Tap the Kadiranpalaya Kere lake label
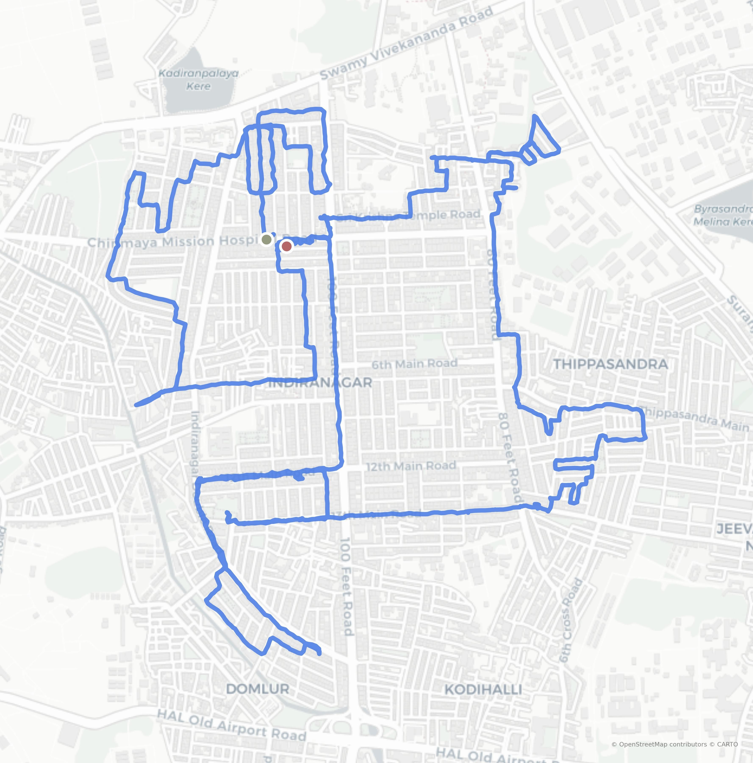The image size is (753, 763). [198, 80]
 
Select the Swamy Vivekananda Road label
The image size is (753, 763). [406, 43]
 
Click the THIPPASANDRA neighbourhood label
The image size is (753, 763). [610, 364]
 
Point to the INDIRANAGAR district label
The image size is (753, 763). [320, 382]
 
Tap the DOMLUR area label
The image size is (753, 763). [258, 689]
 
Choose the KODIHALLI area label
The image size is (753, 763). [483, 689]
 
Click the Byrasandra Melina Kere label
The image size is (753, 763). [723, 215]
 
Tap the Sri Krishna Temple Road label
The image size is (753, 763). [410, 216]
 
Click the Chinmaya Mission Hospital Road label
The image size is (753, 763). [174, 242]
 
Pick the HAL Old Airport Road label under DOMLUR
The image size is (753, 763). [232, 725]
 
